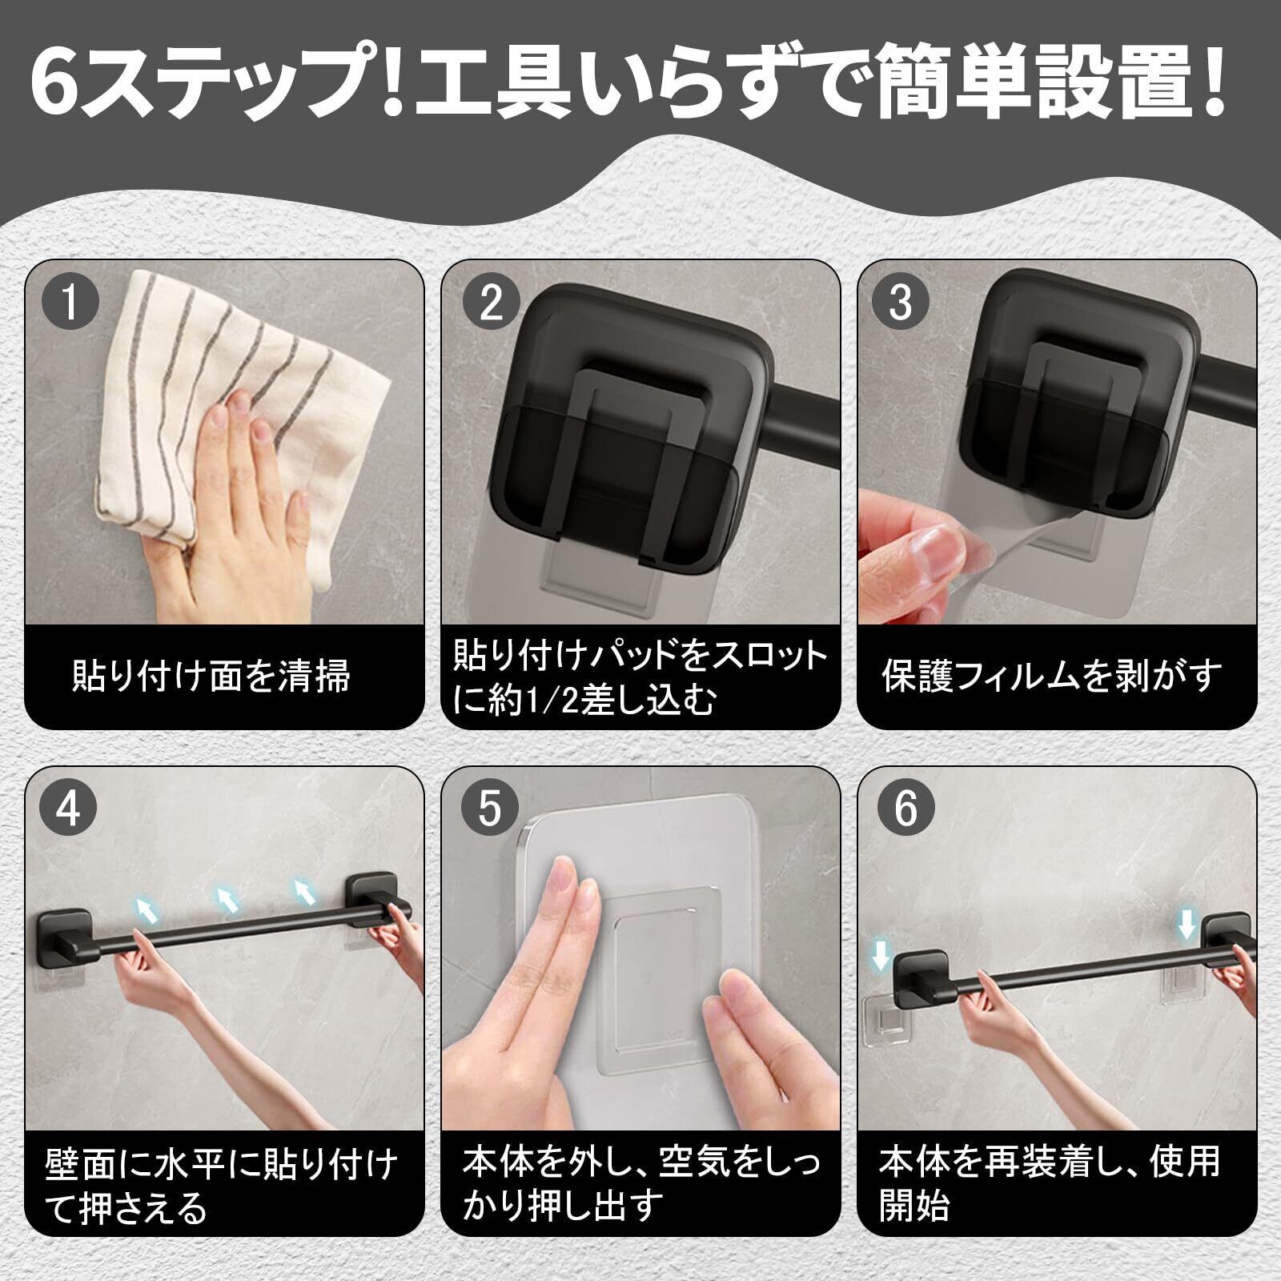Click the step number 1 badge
pos(70,303)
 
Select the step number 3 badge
pos(902,303)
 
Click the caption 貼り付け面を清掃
pos(212,676)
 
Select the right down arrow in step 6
pos(1187,924)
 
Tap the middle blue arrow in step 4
pos(227,900)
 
